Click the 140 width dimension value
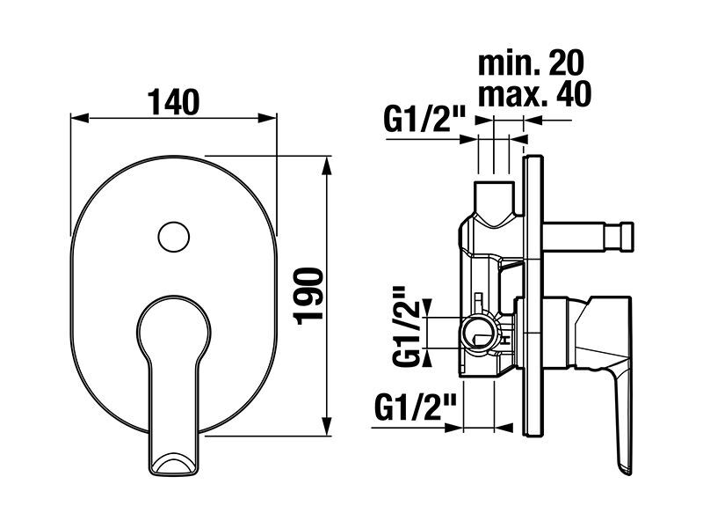tap(173, 102)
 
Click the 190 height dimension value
tap(308, 296)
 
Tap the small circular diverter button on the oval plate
tap(174, 237)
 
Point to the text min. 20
tap(531, 63)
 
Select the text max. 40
tap(534, 94)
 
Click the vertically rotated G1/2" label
tap(406, 326)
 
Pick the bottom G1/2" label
tap(415, 407)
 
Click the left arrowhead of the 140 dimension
tap(79, 119)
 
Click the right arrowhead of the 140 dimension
tap(268, 119)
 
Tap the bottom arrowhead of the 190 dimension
tap(328, 427)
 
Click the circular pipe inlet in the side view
tap(479, 334)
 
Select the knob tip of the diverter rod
tap(620, 236)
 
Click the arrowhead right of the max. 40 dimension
tap(533, 121)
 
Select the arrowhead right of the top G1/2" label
tap(467, 140)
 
